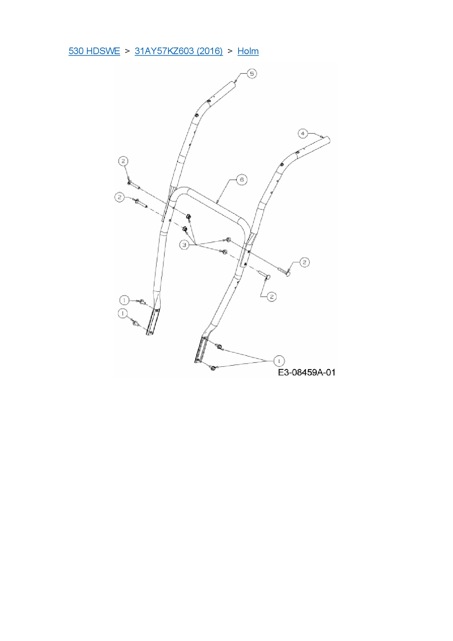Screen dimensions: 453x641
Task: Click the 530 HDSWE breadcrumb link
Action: [94, 51]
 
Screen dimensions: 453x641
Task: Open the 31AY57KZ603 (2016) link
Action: [179, 51]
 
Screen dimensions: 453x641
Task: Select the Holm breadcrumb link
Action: [248, 51]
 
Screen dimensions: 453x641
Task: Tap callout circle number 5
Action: [252, 73]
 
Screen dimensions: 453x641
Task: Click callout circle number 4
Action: [302, 133]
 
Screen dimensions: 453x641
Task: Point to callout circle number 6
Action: [241, 179]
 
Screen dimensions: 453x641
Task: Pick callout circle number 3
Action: [184, 245]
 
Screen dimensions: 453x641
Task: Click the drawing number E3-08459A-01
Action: [307, 372]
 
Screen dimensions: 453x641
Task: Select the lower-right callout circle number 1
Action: [279, 361]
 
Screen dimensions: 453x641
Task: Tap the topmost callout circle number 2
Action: [123, 161]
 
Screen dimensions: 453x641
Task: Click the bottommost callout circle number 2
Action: [271, 296]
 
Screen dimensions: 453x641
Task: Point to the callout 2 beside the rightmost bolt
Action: [304, 262]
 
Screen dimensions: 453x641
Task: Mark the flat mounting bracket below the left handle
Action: [153, 322]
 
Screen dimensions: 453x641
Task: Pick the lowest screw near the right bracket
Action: [213, 368]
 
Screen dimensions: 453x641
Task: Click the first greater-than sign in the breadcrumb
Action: [127, 51]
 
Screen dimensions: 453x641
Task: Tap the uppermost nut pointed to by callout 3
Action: [189, 217]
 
